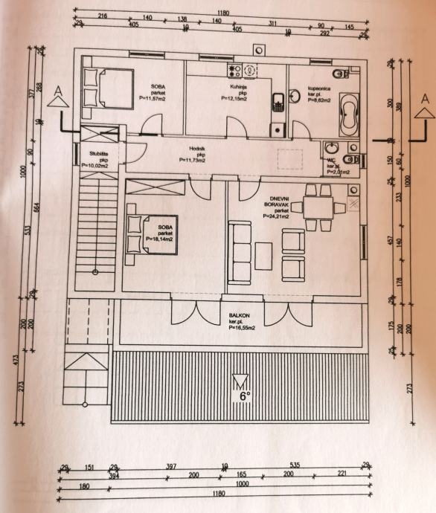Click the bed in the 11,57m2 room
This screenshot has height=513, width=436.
tap(107, 88)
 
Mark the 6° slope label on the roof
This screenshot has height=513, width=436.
tap(243, 396)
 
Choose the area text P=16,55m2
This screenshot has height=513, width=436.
tap(243, 327)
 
